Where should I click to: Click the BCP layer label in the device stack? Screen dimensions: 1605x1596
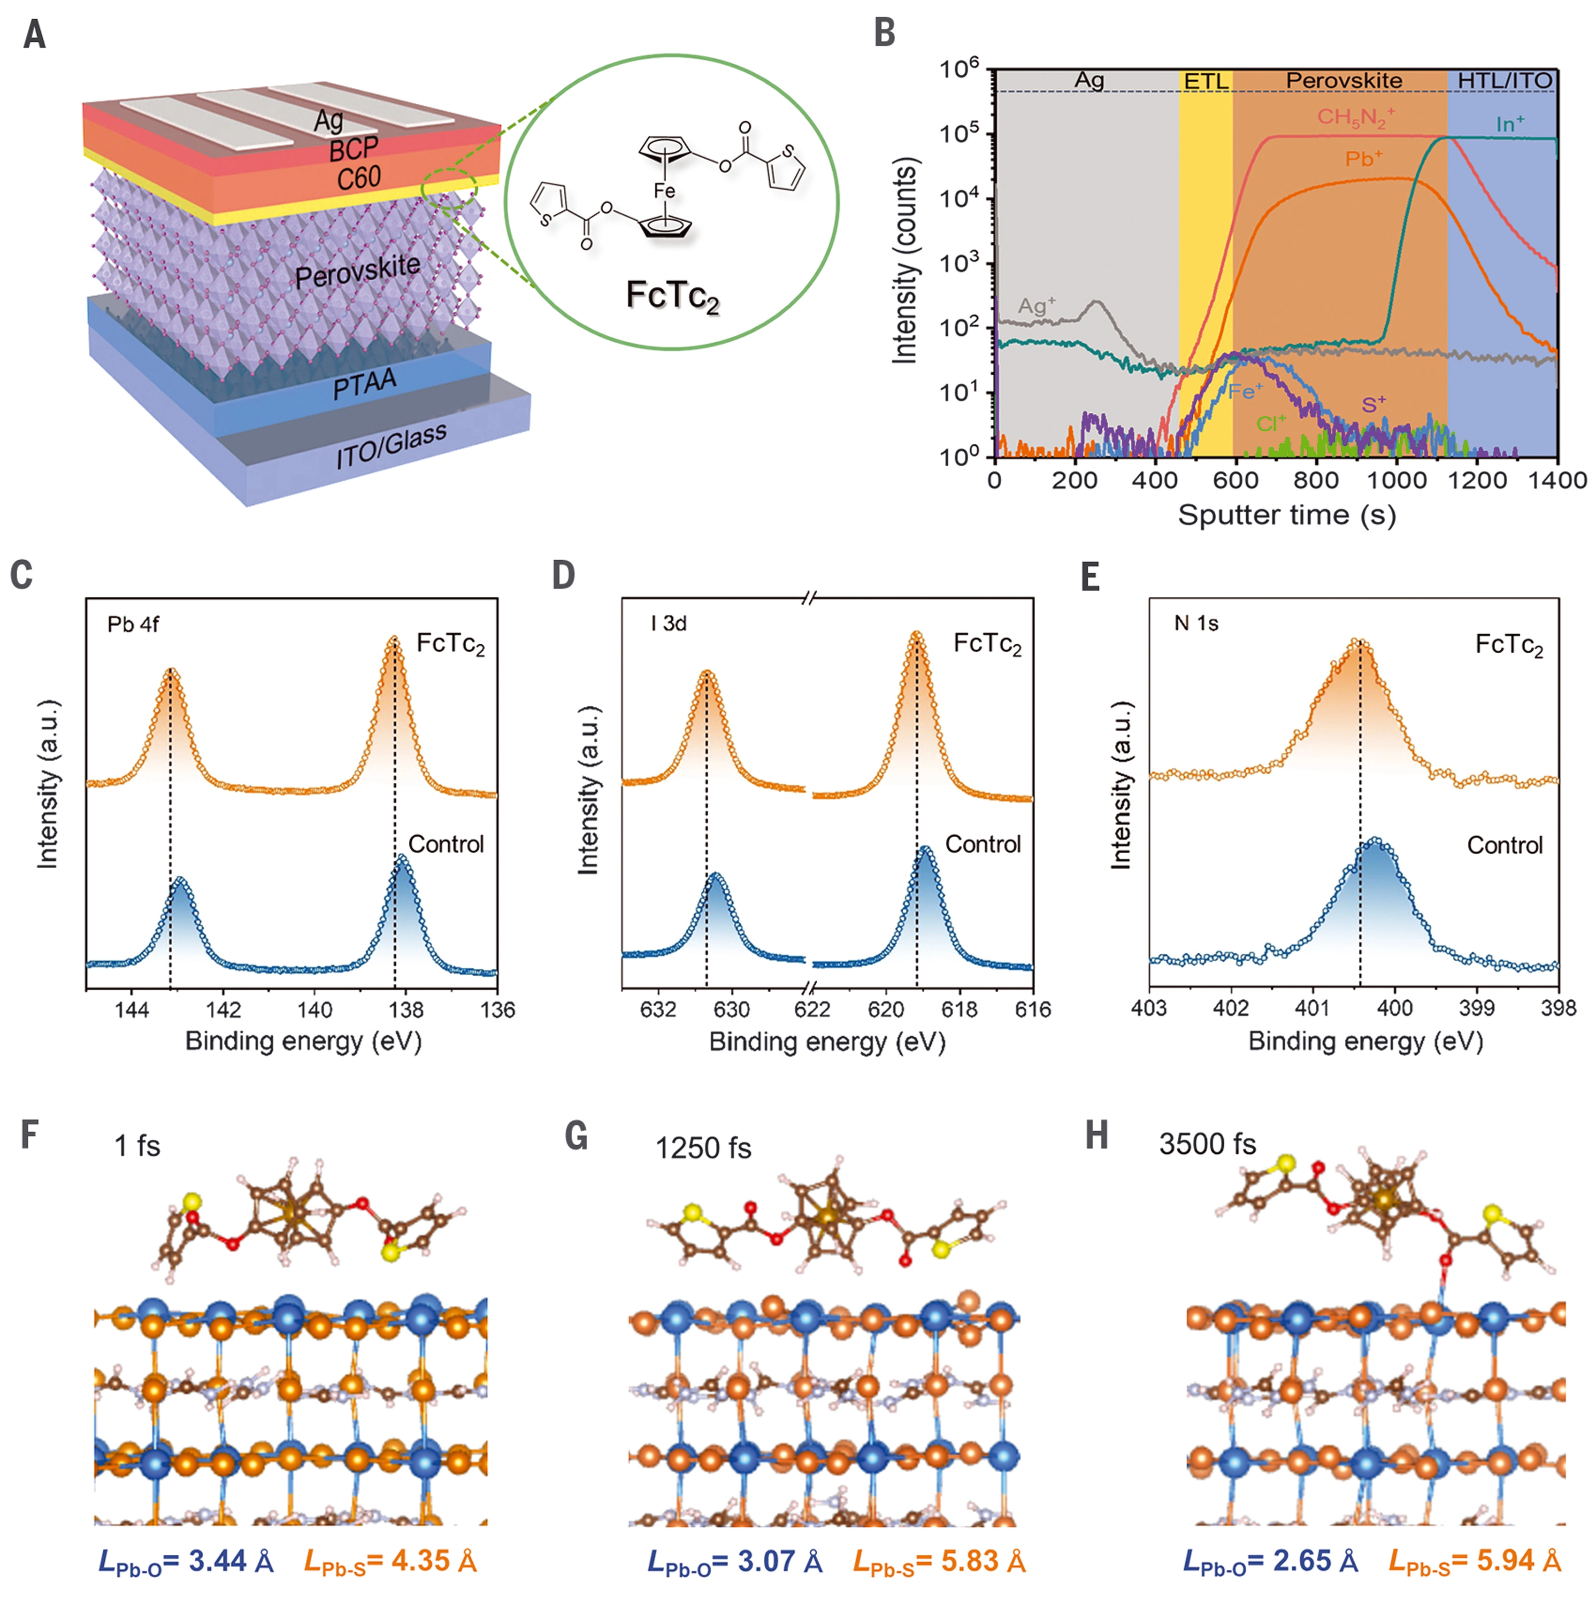coord(354,149)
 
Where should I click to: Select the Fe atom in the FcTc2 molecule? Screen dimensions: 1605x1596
coord(664,191)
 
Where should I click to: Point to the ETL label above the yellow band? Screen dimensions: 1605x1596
coord(1206,81)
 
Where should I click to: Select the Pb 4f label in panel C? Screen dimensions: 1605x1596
coord(133,625)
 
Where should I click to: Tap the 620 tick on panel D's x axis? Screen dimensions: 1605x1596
coord(885,1010)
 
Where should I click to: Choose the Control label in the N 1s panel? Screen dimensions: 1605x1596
coord(1504,846)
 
